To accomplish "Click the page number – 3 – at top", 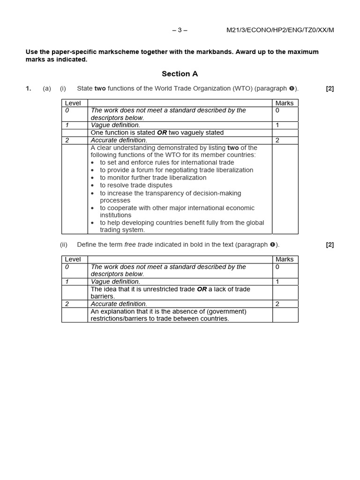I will (180, 30).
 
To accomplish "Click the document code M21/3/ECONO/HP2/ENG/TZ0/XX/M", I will (280, 30).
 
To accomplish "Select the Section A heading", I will (180, 74).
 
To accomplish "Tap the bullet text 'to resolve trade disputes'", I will (136, 185).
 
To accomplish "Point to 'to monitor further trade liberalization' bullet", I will (153, 178).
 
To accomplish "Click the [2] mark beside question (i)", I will (330, 89).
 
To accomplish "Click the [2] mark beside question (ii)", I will (330, 245).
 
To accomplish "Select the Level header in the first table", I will (73, 103).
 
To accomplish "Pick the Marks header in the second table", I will (285, 259).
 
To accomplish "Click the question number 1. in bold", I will (29, 89).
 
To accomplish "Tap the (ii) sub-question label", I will (64, 245).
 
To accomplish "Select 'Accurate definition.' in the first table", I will (119, 140).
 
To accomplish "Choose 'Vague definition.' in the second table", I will (115, 282).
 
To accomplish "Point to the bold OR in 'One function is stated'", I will (162, 133).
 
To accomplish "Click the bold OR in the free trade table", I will (202, 289).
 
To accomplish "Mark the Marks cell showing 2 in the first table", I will (277, 140).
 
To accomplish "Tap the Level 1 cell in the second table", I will (67, 282).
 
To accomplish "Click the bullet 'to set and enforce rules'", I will (166, 163).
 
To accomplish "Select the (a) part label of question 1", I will (47, 89).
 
